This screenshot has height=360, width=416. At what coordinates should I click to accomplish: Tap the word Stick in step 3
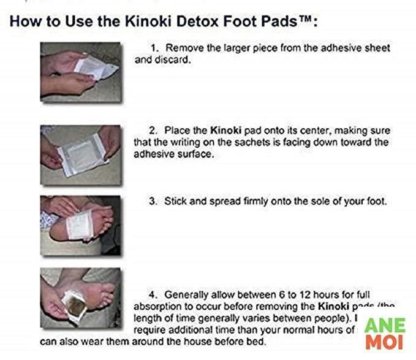[x=175, y=201]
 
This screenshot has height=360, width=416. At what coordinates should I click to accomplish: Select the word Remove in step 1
[x=184, y=48]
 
